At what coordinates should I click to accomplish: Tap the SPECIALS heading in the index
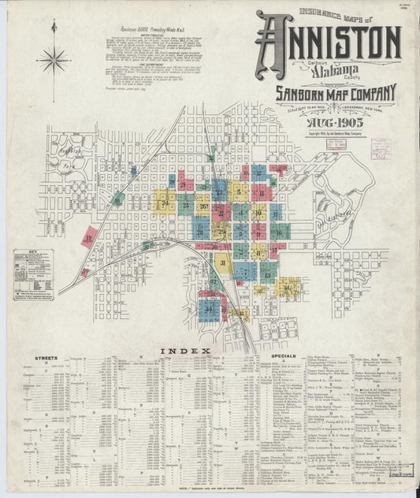point(284,355)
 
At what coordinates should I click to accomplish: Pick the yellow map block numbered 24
point(164,203)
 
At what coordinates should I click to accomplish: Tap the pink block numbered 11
point(262,192)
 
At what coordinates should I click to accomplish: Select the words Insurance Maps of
point(332,13)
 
